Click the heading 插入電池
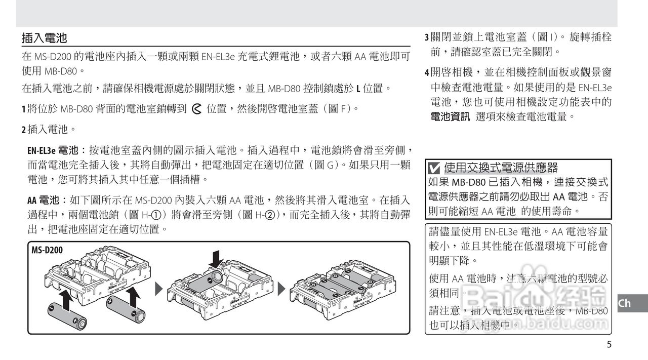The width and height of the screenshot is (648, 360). click(45, 38)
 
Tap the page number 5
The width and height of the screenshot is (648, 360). click(609, 345)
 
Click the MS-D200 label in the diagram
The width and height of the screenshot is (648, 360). click(47, 250)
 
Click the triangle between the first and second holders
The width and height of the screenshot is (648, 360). click(158, 289)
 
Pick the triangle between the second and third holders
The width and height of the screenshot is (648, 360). click(281, 289)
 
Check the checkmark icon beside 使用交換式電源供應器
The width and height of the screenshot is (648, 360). click(434, 168)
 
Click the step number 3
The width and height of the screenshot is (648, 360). click(426, 38)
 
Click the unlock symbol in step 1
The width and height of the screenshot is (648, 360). click(197, 109)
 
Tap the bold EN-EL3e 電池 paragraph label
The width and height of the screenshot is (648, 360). click(53, 150)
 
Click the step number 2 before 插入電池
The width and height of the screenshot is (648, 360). click(23, 130)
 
